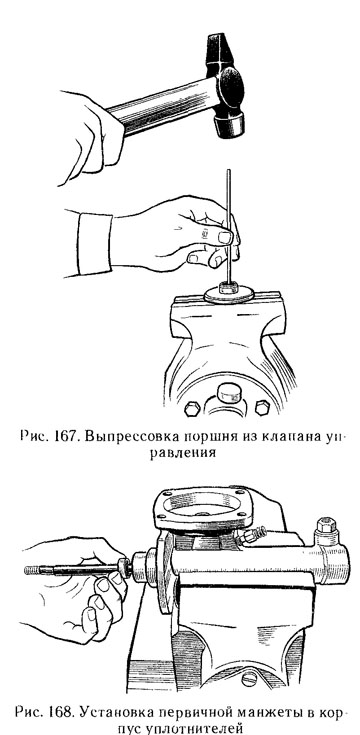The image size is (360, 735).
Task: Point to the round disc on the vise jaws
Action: pos(229,295)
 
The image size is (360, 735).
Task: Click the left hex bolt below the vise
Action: pos(192,408)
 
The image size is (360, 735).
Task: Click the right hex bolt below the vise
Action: pos(262,407)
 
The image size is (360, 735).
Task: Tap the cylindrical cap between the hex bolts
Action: pos(227,393)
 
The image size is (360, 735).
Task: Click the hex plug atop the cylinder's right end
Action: pos(326,526)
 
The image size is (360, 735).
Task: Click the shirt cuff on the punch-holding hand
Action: pos(94,244)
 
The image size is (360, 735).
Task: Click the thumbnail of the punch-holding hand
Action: pos(225,238)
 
